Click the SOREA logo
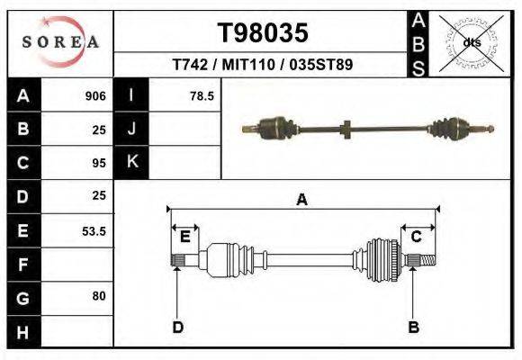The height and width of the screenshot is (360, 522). [59, 42]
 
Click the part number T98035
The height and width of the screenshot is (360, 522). [263, 33]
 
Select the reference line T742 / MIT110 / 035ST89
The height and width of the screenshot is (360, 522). [262, 65]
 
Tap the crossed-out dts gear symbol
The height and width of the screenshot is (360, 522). [472, 42]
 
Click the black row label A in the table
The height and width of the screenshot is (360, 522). [23, 96]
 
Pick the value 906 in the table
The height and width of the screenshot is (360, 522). [95, 96]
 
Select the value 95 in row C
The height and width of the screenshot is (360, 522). [99, 163]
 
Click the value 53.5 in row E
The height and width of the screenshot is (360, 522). [94, 231]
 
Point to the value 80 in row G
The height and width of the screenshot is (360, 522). [99, 295]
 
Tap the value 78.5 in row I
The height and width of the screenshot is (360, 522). [202, 96]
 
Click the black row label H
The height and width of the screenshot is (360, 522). [23, 331]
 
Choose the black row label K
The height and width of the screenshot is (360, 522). [132, 163]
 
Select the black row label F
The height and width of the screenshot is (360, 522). [23, 265]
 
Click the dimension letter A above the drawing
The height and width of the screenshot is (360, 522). [301, 200]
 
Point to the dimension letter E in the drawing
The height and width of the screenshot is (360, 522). [184, 237]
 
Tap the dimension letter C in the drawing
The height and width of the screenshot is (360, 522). [417, 237]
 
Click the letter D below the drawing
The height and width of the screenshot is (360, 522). [178, 327]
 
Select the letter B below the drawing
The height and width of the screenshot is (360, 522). [414, 327]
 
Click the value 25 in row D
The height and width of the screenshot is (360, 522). [99, 195]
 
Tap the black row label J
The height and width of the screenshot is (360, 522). [132, 130]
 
